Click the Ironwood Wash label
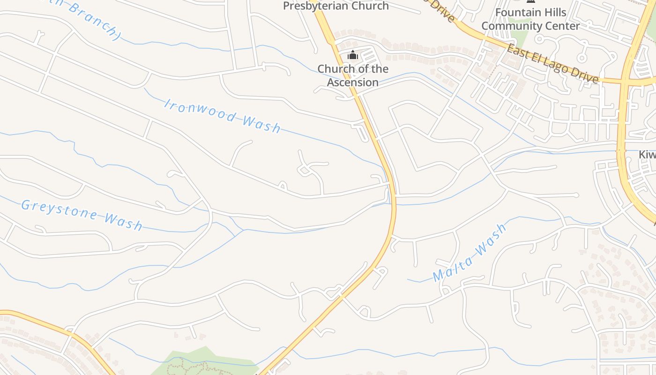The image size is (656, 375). (222, 115)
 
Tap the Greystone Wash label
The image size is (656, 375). (82, 215)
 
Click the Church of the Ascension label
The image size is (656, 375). (353, 75)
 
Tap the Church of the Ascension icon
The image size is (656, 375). (353, 55)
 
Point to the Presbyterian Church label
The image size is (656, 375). (336, 6)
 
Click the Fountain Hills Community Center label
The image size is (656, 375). (530, 19)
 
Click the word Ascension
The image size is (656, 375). (353, 82)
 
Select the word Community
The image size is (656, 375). (511, 26)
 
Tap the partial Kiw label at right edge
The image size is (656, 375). (647, 155)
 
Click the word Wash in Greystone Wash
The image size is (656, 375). (123, 221)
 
